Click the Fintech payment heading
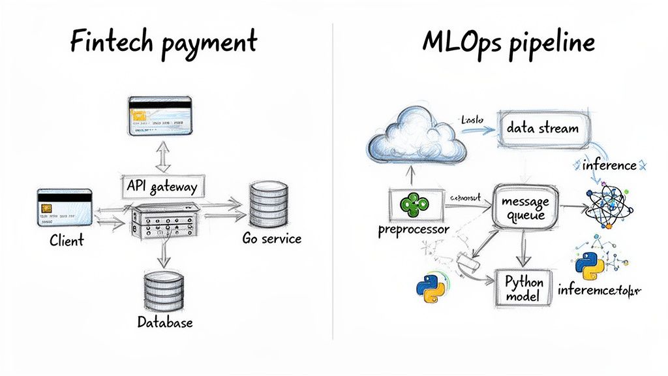click(163, 43)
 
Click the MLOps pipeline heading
click(508, 43)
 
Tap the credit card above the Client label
click(65, 206)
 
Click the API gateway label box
click(160, 187)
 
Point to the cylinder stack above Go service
click(269, 204)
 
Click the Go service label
click(271, 238)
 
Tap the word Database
click(165, 322)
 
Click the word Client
click(67, 240)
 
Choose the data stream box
click(542, 128)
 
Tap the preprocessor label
click(414, 230)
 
